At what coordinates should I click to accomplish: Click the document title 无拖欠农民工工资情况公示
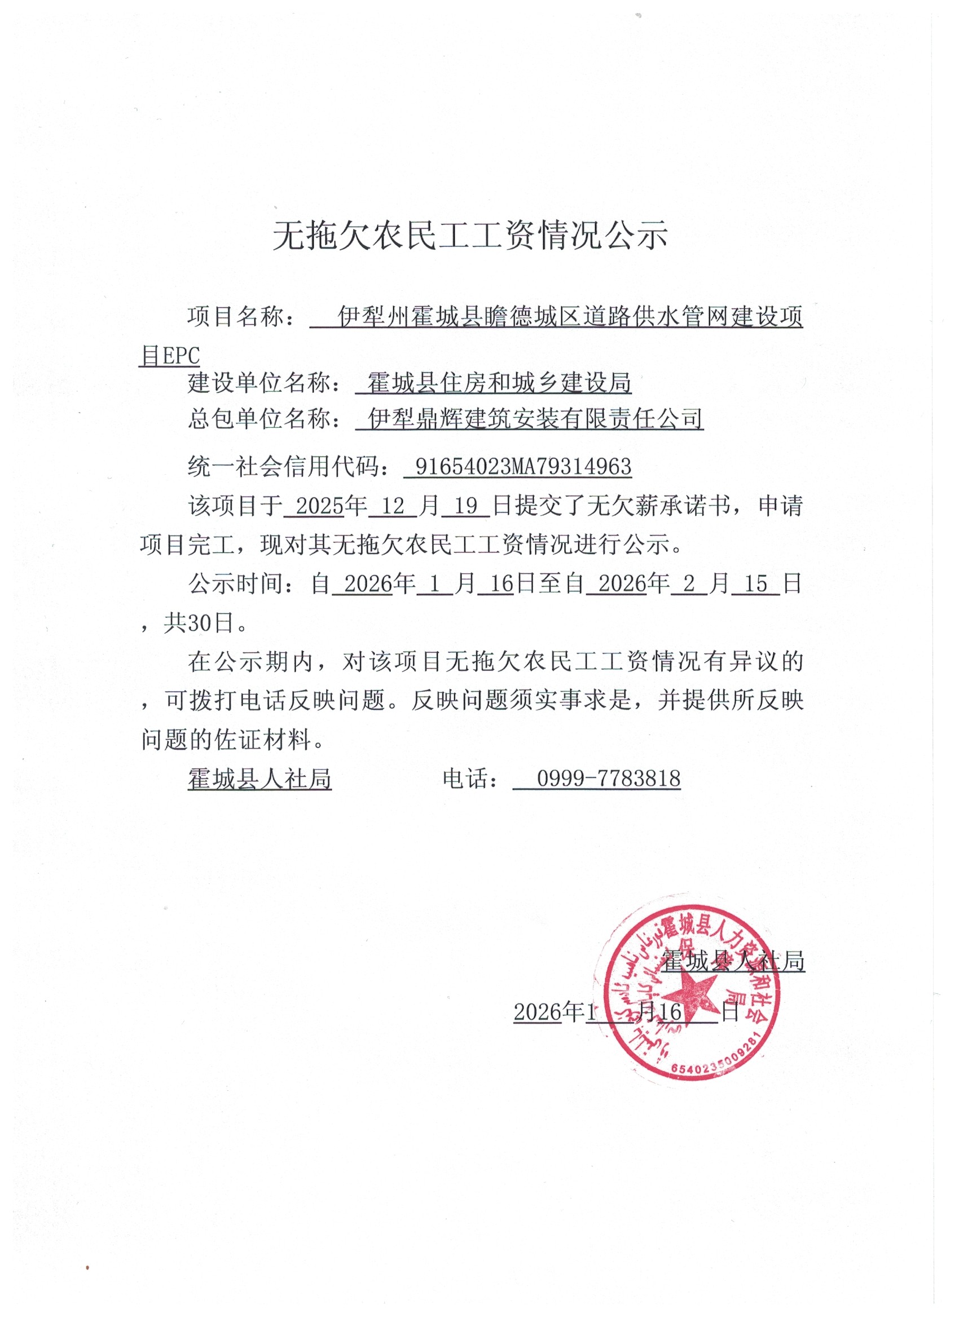click(470, 236)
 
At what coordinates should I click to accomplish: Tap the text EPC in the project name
click(180, 356)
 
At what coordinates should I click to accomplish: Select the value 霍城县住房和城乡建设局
click(499, 383)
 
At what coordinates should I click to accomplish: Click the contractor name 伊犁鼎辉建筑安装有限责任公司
click(535, 418)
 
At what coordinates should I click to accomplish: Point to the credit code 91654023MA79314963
click(524, 467)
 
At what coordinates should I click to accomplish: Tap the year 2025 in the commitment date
click(319, 506)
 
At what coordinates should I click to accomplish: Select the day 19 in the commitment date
click(465, 506)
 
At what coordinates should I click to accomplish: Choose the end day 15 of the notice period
click(755, 583)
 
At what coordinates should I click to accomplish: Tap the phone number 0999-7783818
click(608, 779)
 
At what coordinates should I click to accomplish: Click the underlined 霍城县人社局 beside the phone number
click(259, 779)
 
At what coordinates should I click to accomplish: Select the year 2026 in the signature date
click(537, 1012)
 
